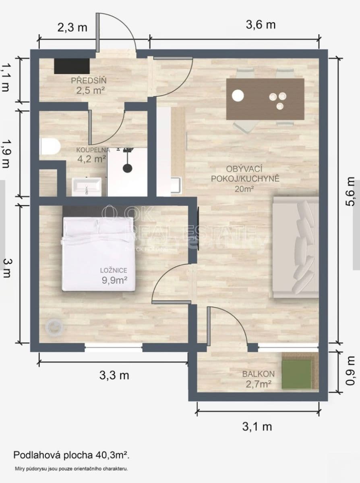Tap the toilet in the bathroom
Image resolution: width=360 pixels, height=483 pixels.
[50, 147]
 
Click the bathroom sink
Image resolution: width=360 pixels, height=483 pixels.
[87, 187]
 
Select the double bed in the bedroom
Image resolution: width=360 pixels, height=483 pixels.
[99, 254]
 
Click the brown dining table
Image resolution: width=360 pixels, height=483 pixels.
[265, 99]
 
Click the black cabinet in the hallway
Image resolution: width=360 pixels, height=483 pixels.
[72, 66]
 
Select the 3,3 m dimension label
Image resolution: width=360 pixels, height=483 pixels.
[114, 375]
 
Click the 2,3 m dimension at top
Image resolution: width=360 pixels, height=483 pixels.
[72, 27]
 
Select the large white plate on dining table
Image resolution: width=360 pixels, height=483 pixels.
[238, 96]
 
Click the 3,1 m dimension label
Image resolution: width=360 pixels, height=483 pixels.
[257, 427]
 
